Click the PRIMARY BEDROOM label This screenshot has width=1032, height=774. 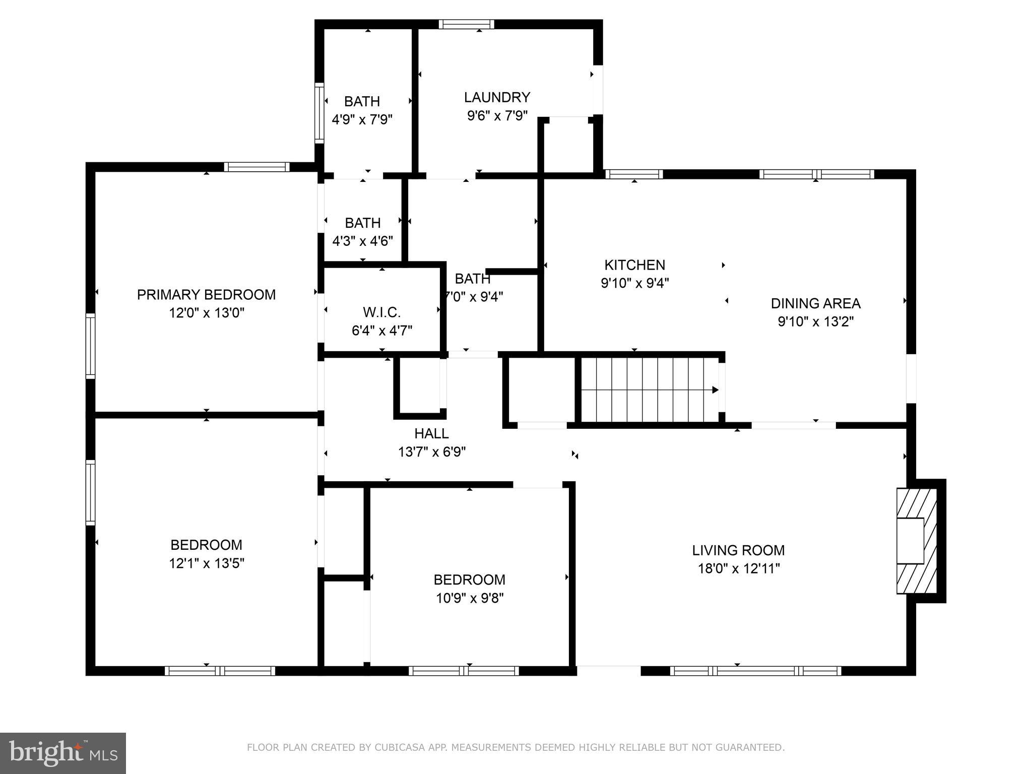(206, 295)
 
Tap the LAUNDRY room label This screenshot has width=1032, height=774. (497, 97)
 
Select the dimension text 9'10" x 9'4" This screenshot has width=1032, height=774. (634, 283)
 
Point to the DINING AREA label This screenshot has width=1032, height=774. (815, 303)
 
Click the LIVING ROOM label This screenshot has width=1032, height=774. (738, 550)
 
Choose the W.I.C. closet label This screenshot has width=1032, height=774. (381, 312)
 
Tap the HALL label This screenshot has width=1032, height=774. (431, 433)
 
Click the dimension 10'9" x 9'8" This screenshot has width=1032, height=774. (469, 598)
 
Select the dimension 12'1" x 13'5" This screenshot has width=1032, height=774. (206, 563)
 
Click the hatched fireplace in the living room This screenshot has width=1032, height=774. (916, 541)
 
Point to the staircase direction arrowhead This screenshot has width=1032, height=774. (715, 390)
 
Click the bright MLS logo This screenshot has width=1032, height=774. (62, 753)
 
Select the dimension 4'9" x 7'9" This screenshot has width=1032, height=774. (362, 120)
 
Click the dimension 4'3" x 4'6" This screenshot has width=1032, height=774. (362, 241)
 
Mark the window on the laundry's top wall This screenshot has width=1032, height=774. (466, 24)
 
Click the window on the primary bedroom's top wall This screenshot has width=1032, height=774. (256, 167)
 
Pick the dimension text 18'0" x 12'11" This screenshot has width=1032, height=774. (738, 569)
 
